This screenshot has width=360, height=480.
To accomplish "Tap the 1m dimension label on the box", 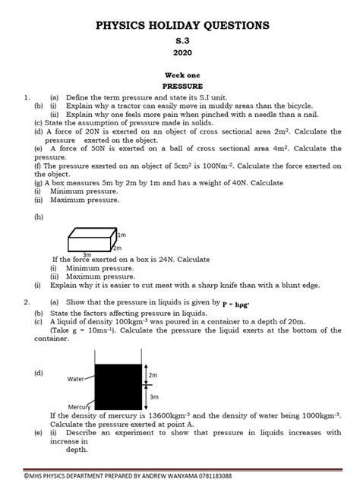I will click(122, 236).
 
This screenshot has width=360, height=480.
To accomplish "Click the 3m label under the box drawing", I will click(87, 254).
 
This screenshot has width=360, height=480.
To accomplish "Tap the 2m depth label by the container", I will click(153, 375).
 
